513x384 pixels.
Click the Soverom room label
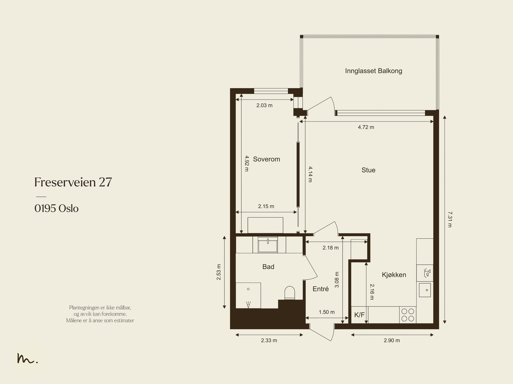(x=266, y=159)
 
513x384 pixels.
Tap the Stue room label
(x=368, y=170)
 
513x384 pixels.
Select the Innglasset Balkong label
(x=374, y=71)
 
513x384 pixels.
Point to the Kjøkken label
(x=394, y=275)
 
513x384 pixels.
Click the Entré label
(x=321, y=289)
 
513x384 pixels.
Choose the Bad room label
(x=268, y=267)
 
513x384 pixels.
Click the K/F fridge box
(x=359, y=315)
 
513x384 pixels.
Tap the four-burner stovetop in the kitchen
(x=408, y=315)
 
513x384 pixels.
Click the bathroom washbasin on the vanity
(x=268, y=245)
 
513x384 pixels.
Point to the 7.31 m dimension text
(x=450, y=220)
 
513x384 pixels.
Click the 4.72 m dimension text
(x=366, y=127)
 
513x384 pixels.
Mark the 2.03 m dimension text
(x=264, y=105)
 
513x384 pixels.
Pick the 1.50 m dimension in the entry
(x=327, y=312)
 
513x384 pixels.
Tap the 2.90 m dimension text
(x=392, y=340)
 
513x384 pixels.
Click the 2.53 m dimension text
(x=219, y=272)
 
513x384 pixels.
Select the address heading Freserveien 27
(x=73, y=182)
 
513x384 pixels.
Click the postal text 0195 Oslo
(x=56, y=209)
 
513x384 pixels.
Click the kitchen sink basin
(x=425, y=290)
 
